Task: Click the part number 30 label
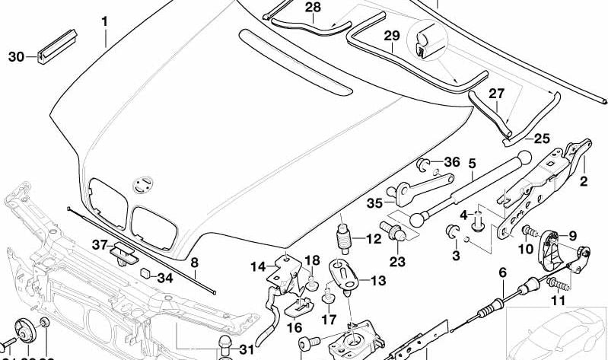click(x=16, y=56)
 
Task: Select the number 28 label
click(x=292, y=8)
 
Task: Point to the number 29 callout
click(x=391, y=35)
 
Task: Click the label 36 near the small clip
click(x=452, y=162)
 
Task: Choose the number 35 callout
click(x=374, y=203)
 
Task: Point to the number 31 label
click(x=245, y=349)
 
